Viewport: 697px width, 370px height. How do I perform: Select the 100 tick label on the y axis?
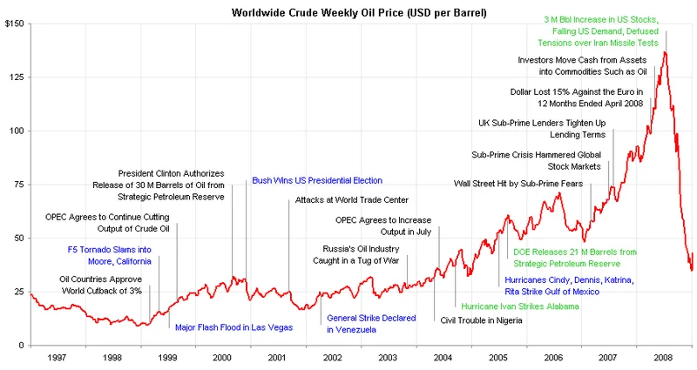click(17, 131)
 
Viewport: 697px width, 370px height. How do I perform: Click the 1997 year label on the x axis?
click(58, 358)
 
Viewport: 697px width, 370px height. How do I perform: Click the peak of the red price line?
click(666, 52)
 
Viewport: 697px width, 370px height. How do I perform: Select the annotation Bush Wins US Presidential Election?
click(317, 181)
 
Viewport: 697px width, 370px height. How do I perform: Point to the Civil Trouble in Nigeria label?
click(482, 320)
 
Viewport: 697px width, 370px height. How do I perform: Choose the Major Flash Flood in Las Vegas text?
click(233, 327)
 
